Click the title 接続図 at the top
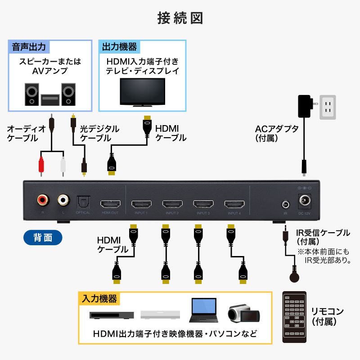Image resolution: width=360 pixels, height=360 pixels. pyautogui.click(x=180, y=18)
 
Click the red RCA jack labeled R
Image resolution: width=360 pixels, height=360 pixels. pyautogui.click(x=43, y=198)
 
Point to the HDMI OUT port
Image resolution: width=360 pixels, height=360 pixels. pyautogui.click(x=110, y=203)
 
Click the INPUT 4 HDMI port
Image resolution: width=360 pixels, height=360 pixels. pyautogui.click(x=234, y=203)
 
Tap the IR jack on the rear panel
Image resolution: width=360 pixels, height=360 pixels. pyautogui.click(x=285, y=203)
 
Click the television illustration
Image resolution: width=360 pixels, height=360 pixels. pyautogui.click(x=142, y=93)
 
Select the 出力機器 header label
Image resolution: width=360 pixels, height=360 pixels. pyautogui.click(x=119, y=46)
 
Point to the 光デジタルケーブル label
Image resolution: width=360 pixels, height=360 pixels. pyautogui.click(x=99, y=133)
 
